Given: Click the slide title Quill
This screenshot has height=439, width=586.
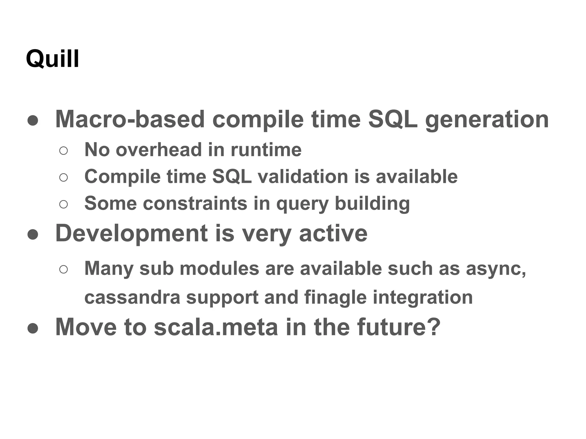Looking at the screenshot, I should [52, 59].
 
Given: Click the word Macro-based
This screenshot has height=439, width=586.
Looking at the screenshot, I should [130, 119].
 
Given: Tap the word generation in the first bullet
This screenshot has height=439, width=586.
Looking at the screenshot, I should [487, 120].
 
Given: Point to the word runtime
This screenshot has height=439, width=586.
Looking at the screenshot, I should [266, 150].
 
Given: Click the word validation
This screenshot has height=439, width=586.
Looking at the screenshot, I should [303, 176].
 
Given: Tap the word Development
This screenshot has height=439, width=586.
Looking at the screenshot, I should [131, 234].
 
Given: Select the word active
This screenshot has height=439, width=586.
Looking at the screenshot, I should [333, 234].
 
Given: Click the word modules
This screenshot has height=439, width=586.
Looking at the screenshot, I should [219, 269].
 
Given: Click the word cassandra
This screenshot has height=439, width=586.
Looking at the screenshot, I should [132, 297].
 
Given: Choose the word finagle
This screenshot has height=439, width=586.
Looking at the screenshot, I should [335, 298].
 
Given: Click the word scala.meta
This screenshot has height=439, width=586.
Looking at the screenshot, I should [216, 327].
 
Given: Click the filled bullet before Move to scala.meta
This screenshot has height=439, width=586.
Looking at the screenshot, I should [33, 328].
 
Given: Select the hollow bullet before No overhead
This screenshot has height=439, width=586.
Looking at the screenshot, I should [64, 151].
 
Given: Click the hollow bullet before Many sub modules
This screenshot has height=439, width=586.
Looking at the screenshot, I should [64, 270].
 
